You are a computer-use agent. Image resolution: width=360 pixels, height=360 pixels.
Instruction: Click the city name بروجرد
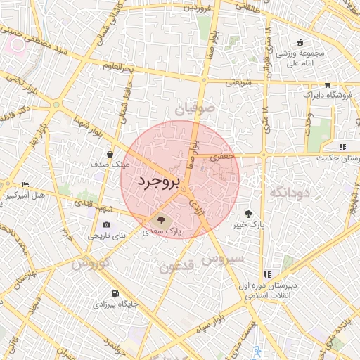click(x=159, y=181)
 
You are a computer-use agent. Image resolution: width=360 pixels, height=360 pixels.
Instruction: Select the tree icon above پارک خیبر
click(x=248, y=213)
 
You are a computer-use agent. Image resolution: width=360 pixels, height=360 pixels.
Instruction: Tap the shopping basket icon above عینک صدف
click(x=110, y=154)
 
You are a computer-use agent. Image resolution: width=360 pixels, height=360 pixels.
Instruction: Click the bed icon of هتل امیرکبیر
click(x=26, y=184)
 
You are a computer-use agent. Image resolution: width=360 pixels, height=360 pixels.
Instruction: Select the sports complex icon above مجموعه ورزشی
click(x=300, y=42)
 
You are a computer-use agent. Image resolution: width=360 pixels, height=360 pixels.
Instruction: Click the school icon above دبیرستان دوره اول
click(x=266, y=274)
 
